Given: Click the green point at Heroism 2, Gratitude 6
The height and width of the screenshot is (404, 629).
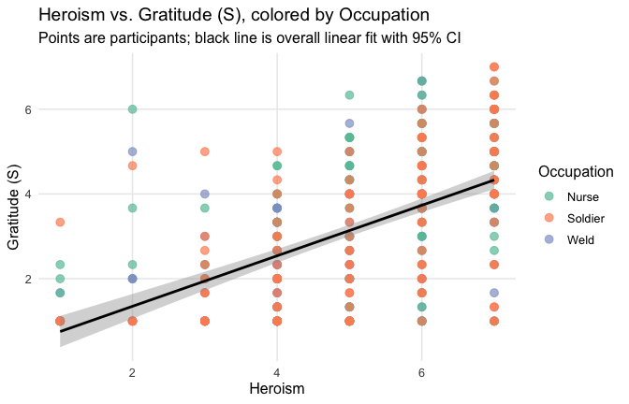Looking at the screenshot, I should (133, 108).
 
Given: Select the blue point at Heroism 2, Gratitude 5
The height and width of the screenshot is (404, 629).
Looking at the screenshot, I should (133, 151).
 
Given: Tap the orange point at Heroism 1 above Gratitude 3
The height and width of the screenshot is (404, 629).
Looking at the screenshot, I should (60, 222).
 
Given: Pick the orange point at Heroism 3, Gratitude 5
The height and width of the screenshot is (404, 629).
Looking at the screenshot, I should (205, 151).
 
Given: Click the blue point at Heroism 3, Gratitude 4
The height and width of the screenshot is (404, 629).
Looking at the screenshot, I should (205, 194).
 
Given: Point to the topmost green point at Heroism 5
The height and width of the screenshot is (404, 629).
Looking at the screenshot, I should (349, 94).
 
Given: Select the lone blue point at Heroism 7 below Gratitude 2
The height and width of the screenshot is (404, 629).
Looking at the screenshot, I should (494, 293).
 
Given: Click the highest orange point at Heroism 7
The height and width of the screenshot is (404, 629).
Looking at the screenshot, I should (494, 66).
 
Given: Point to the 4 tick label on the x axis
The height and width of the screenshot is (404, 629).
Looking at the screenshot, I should (277, 373).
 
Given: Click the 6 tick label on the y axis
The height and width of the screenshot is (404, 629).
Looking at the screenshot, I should (29, 109).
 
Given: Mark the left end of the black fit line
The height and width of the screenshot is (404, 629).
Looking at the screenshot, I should (60, 330).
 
